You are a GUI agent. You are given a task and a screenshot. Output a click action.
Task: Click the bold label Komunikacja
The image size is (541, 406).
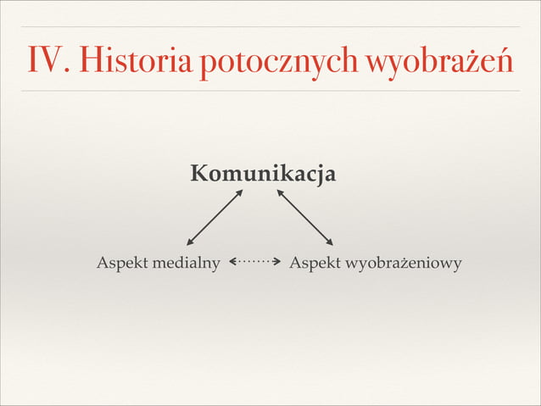click(x=263, y=175)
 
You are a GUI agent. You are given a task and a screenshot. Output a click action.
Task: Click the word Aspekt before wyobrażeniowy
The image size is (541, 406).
click(x=314, y=264)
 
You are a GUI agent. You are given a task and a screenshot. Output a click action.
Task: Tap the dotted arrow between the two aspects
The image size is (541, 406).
click(x=254, y=263)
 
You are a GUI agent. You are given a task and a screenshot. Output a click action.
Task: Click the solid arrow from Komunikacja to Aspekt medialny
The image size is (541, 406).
click(x=215, y=217)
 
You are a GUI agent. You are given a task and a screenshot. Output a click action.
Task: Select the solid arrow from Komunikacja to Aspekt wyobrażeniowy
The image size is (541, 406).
click(x=304, y=217)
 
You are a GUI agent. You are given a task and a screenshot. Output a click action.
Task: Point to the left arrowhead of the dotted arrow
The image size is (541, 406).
click(x=231, y=263)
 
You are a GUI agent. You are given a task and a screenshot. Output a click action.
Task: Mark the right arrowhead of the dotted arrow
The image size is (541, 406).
click(x=277, y=263)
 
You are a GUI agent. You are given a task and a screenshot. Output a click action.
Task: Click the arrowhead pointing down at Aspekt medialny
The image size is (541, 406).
click(x=190, y=242)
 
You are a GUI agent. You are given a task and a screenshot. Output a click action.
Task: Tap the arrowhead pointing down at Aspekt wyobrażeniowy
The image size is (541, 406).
click(x=330, y=242)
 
